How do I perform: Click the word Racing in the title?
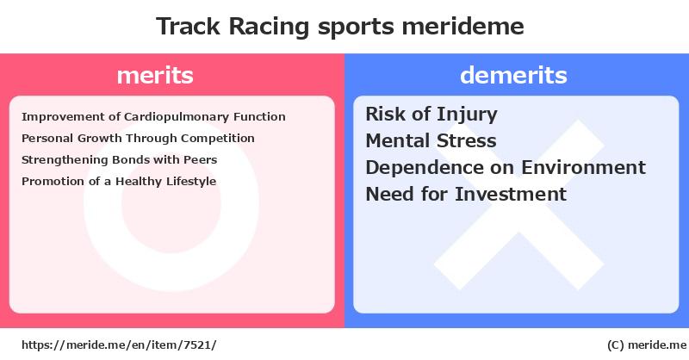[269, 28]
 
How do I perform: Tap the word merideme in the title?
[462, 26]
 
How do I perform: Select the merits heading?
[155, 76]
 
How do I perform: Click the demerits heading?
[513, 75]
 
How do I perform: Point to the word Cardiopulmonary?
[177, 117]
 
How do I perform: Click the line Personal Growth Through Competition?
[138, 139]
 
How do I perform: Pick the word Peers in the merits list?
[201, 159]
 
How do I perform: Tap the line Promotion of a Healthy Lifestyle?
[119, 182]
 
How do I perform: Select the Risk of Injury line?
[431, 115]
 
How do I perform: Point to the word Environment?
[584, 167]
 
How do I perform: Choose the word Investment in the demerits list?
[511, 195]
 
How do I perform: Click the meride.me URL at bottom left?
[119, 345]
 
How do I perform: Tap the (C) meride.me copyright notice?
[647, 345]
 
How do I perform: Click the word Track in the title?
[188, 27]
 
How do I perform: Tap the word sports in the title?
[356, 28]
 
